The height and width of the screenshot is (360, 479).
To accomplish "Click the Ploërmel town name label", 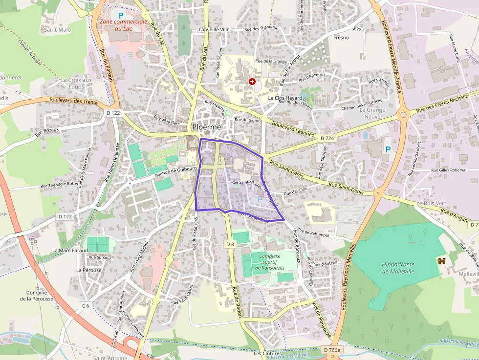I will (x=207, y=127).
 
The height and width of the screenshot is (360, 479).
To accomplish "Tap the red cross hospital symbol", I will (x=252, y=82).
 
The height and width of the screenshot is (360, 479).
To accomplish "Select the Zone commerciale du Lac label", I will (x=123, y=25).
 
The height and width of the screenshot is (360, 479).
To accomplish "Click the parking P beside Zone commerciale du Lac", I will (x=120, y=16).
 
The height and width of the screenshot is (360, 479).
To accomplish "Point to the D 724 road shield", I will (x=327, y=139).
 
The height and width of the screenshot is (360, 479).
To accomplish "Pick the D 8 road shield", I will (x=231, y=244).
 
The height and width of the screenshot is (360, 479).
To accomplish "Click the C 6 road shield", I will (x=86, y=306).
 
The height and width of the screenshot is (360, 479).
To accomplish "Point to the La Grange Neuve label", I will (x=372, y=113).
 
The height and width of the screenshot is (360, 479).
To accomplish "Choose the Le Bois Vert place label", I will (x=429, y=203).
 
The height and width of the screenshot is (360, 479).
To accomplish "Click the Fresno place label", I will (x=341, y=38).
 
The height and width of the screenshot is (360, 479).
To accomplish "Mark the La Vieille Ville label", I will (x=214, y=29).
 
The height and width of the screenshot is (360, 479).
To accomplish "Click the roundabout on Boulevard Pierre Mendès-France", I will (x=404, y=116).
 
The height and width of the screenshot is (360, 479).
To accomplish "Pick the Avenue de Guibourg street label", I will (x=175, y=172).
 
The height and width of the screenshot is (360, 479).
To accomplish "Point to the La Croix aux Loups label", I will (x=76, y=83).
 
